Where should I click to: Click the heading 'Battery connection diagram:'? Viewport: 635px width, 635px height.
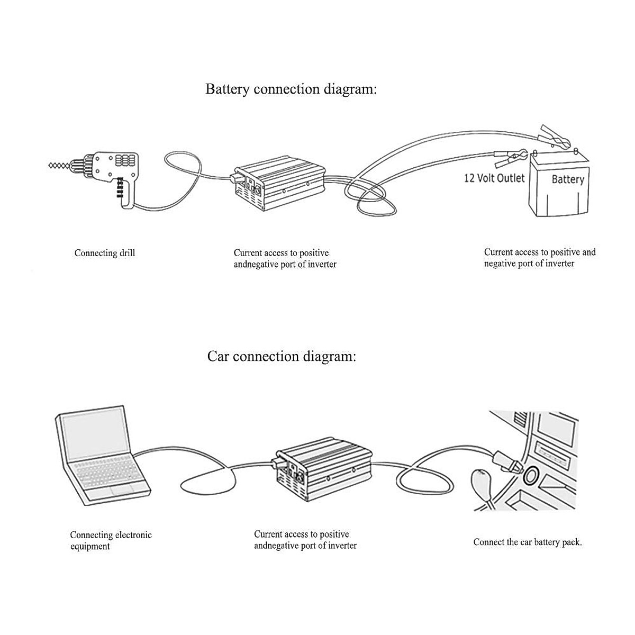click(x=291, y=89)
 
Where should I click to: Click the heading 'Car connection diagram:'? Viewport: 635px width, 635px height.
click(x=282, y=357)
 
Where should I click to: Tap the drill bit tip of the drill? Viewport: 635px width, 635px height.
click(x=49, y=165)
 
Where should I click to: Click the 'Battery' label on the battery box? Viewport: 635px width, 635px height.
click(x=568, y=179)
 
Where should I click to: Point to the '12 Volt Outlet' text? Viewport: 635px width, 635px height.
click(x=494, y=178)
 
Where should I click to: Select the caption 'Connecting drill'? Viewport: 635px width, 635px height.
click(x=105, y=253)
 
